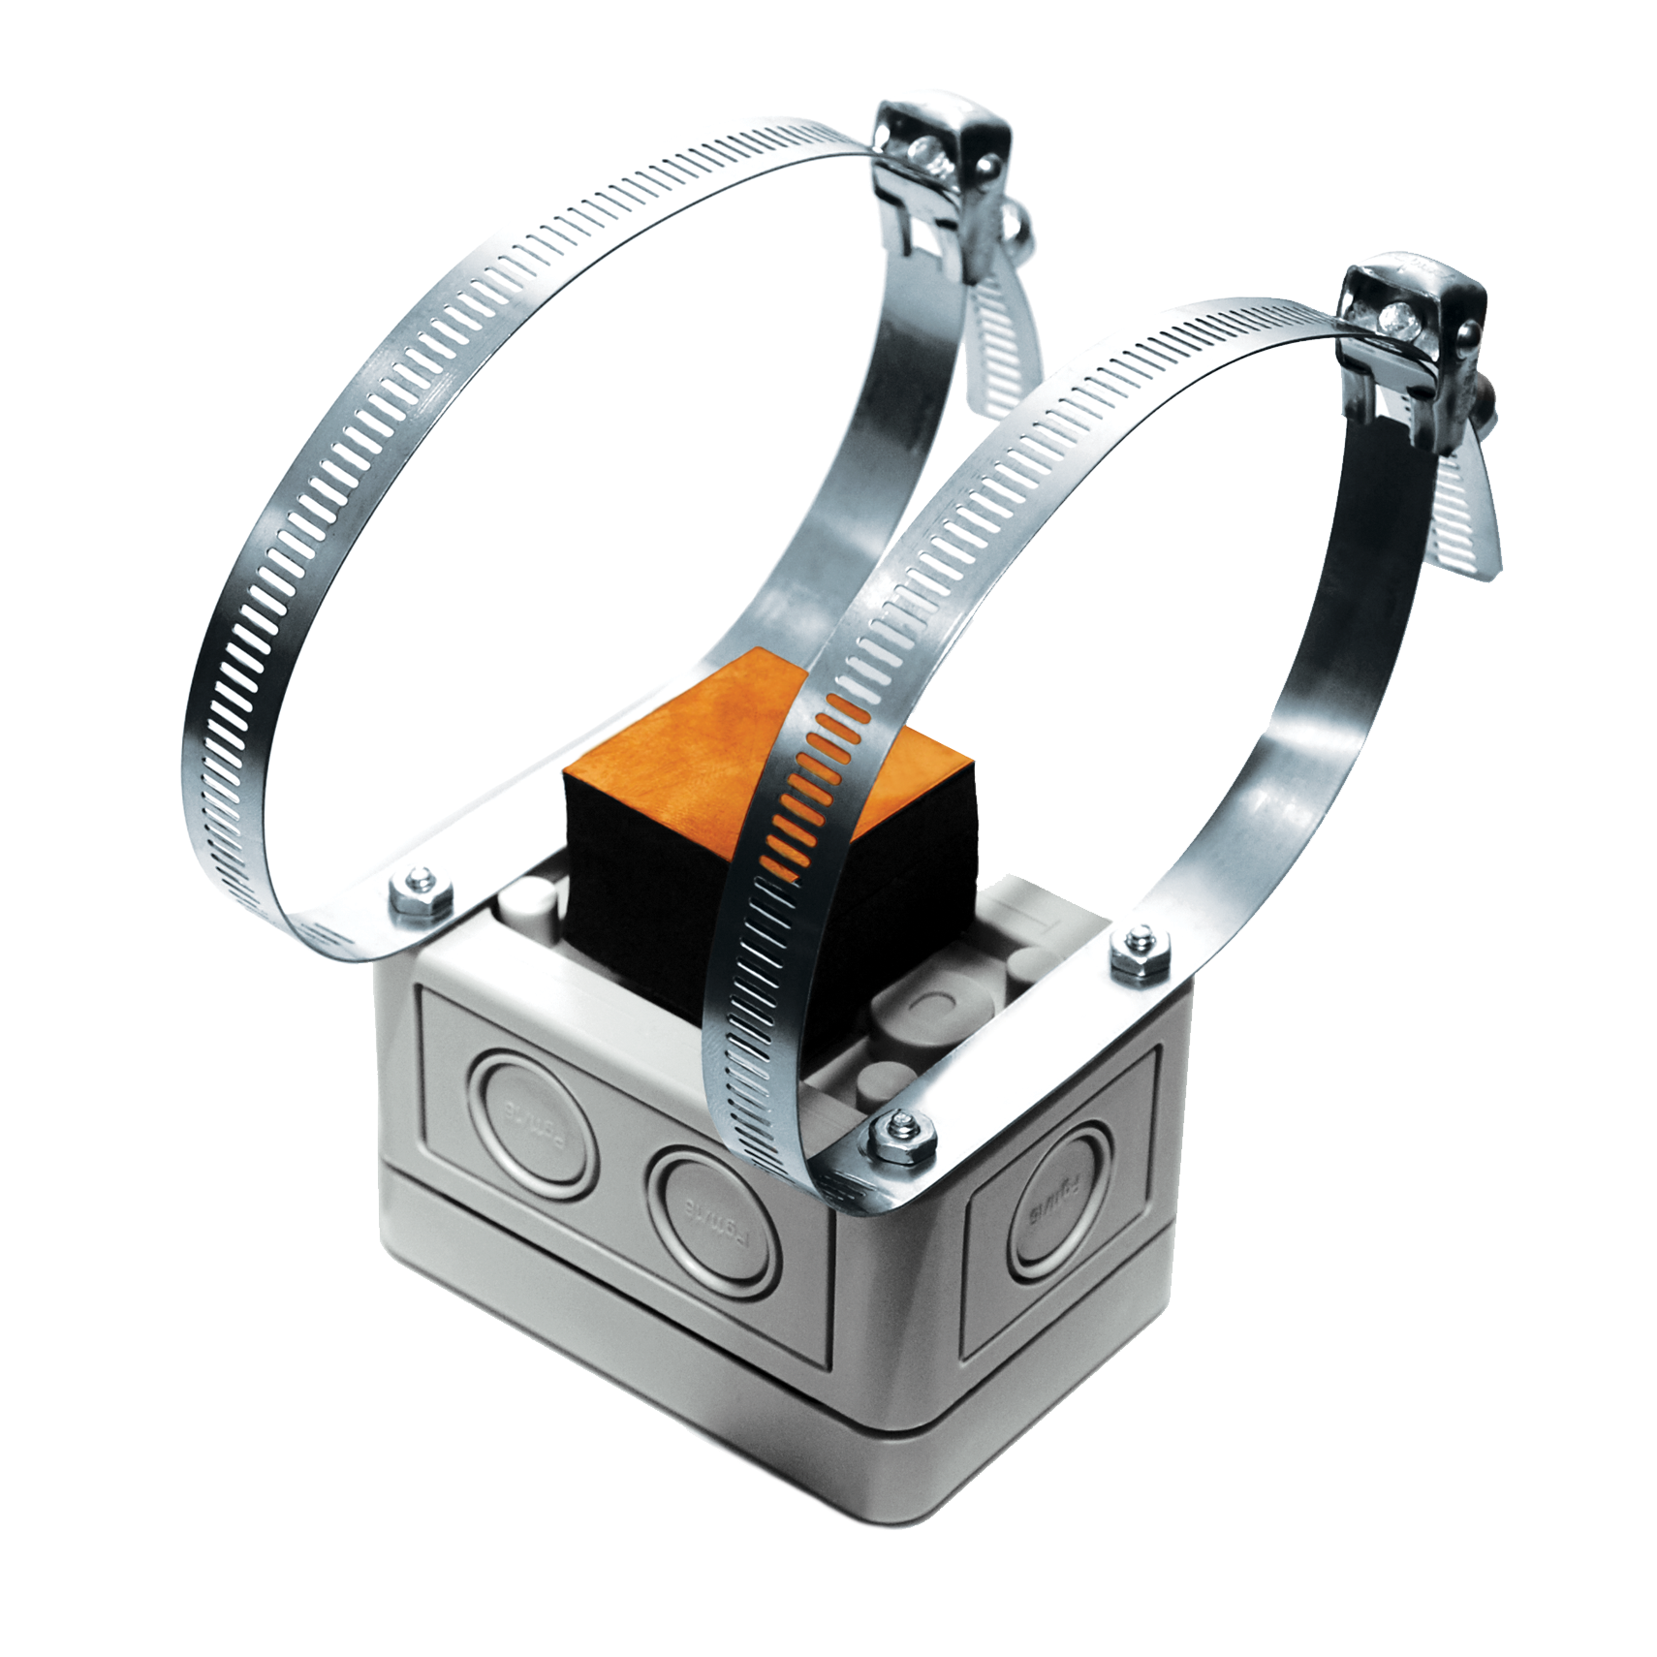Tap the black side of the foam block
tap(640, 872)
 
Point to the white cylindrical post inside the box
tap(528, 911)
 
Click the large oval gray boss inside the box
tap(916, 1008)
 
